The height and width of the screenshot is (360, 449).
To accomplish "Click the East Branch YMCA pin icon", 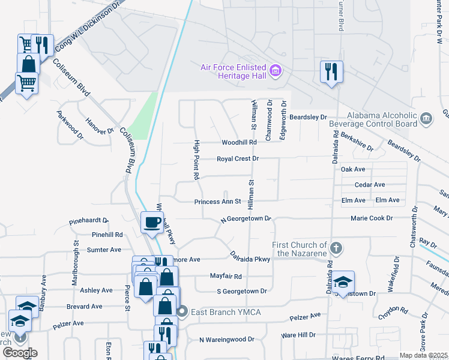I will pos(184,311).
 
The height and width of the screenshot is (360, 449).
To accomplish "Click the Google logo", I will pos(20,352).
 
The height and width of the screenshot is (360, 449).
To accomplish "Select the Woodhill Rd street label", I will pos(239,143).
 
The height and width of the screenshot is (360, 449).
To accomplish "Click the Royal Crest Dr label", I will pos(238,159).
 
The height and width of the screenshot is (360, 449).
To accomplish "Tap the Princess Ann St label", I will pos(217,202).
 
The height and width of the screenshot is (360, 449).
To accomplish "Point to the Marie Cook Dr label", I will pos(372,218).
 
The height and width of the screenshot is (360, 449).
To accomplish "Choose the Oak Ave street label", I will pos(353,170).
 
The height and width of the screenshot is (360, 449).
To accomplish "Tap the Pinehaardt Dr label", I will pos(89,221).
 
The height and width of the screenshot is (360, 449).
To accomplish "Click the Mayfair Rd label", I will pos(226,277).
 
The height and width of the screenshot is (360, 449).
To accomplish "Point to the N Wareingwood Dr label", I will pos(225,340).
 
